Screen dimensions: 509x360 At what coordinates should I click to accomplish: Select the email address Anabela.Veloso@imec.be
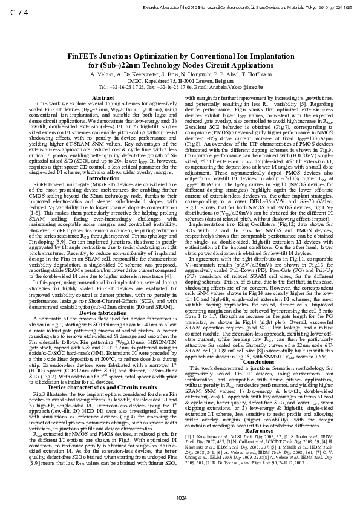coord(230,88)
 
